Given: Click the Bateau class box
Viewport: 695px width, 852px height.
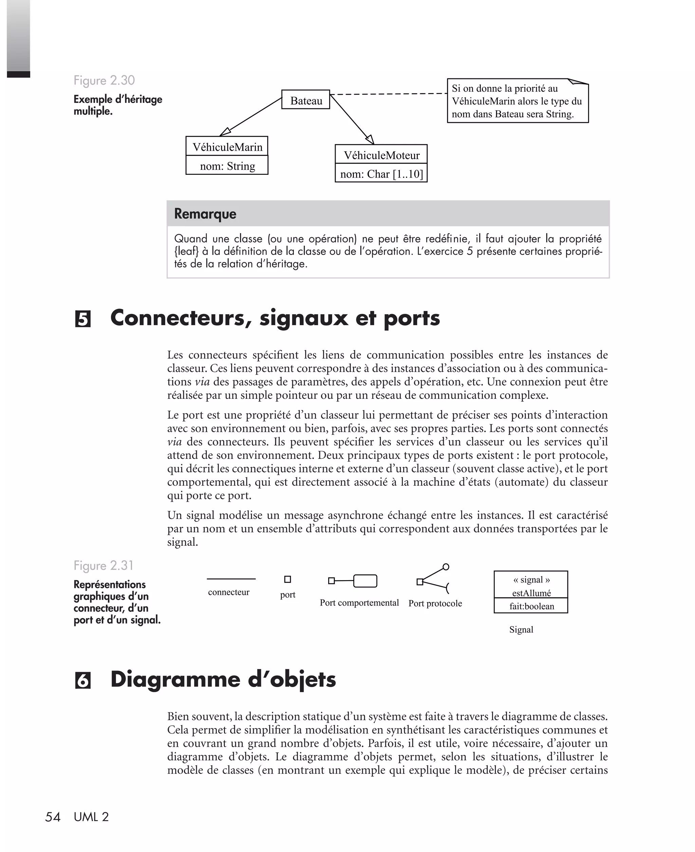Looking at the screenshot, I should point(305,100).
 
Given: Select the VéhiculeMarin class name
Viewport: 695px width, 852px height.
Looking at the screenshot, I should point(227,147).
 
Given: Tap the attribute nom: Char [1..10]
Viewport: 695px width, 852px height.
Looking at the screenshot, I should point(381,174).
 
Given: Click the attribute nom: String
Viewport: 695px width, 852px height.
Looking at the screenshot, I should point(227,166).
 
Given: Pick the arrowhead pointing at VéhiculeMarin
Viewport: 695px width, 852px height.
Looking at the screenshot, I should point(225,132).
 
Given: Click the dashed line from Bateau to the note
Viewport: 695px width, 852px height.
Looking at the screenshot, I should point(388,94).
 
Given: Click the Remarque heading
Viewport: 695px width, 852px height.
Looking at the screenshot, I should point(205,214).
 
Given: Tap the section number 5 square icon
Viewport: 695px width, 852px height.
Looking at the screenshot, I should point(82,319).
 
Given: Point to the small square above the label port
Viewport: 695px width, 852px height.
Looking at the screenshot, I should point(287,579).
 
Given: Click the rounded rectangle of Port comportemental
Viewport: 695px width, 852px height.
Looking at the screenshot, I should point(365,581).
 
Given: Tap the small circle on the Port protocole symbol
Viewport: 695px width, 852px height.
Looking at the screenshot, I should point(446,567).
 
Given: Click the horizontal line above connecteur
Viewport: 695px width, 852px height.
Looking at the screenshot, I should point(231,579).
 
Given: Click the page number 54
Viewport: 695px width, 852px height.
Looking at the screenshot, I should point(53,817).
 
